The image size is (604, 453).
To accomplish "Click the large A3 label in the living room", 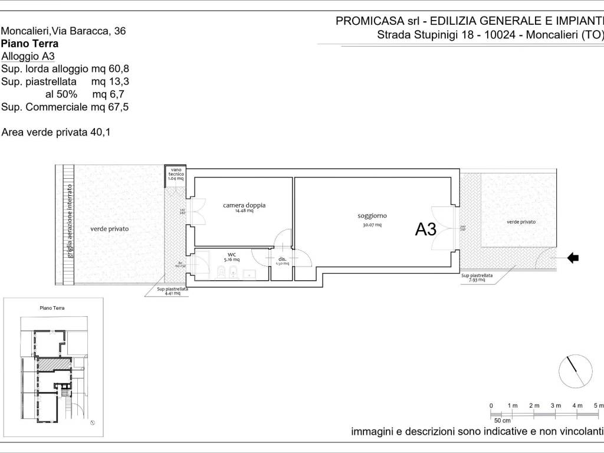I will [x=426, y=229].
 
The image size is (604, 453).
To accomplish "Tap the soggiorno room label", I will [x=372, y=216].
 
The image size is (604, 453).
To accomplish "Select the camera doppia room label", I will [x=244, y=205].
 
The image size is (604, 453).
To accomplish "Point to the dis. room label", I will [x=282, y=258].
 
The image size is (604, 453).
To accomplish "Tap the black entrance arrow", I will [x=572, y=257].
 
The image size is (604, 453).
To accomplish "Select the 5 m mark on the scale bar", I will [x=598, y=405].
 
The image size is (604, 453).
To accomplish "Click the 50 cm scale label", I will [x=502, y=421].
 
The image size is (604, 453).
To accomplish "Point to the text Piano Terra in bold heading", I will [x=30, y=44].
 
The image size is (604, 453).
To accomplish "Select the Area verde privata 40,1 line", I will [x=56, y=133].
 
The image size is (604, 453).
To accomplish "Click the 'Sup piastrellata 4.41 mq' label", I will [x=173, y=291].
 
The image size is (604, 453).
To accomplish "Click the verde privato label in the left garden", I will [x=109, y=228].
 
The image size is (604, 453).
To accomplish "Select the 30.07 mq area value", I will [x=372, y=225].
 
